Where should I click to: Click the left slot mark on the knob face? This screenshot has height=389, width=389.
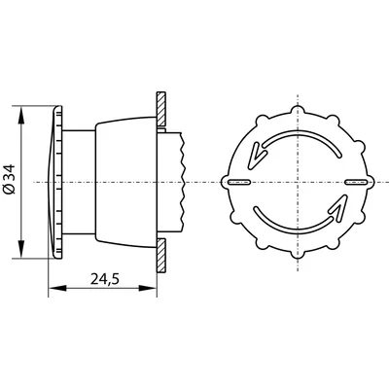pyautogui.click(x=237, y=182)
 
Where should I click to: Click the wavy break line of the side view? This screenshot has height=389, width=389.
pyautogui.click(x=180, y=182)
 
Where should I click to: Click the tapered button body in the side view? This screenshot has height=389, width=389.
pyautogui.click(x=122, y=182)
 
